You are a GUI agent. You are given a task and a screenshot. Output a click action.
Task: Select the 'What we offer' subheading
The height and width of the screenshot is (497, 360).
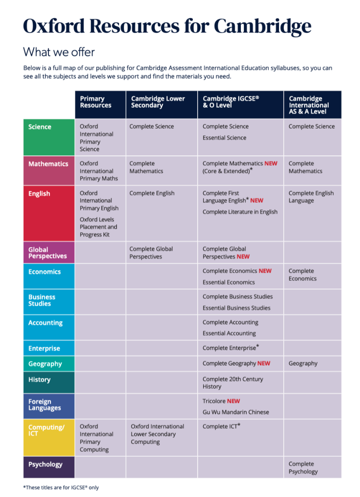point(58,52)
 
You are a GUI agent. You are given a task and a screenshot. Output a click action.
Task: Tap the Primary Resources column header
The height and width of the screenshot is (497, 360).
point(95,102)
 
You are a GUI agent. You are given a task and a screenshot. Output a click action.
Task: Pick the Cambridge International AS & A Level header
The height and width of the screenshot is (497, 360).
point(308,105)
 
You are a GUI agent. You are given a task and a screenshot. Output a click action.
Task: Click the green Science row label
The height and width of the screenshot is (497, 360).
point(40,127)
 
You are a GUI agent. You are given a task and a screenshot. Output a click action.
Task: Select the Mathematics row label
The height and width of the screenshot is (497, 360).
point(48,164)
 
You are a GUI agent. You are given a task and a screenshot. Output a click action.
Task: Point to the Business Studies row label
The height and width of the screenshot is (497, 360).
point(42,300)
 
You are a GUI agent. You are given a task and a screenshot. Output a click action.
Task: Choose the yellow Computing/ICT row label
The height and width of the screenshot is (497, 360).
point(46,430)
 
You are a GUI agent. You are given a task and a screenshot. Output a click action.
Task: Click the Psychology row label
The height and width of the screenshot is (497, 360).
point(45,465)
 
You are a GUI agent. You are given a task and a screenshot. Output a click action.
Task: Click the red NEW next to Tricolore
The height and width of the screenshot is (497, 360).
point(234,401)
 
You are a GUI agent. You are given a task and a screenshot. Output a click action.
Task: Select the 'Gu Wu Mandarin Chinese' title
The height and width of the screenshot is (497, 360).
point(236,412)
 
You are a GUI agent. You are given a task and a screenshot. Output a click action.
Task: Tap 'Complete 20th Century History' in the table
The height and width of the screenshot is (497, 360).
point(233,383)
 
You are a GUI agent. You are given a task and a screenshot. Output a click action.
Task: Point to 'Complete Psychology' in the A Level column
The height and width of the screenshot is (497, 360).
point(303,468)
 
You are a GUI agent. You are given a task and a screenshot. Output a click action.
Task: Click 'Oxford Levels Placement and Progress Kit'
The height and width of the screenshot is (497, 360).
point(98,227)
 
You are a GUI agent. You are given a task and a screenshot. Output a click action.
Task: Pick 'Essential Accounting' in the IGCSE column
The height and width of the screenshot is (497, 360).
point(229,333)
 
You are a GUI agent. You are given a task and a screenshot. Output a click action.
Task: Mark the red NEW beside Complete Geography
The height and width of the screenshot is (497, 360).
point(264,363)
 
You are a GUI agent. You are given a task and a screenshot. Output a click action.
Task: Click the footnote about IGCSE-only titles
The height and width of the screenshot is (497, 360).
point(61,487)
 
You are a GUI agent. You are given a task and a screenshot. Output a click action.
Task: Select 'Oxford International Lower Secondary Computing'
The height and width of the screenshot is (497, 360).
point(157,434)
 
